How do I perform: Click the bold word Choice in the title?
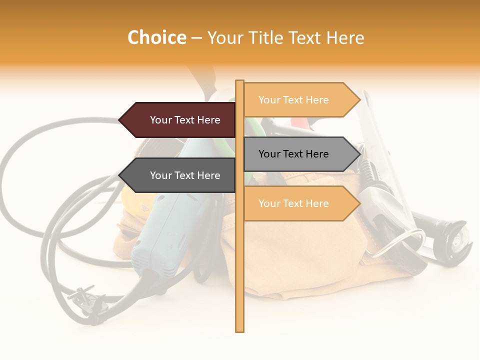tap(156, 37)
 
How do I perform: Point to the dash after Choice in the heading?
tap(196, 38)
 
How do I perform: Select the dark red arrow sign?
tap(180, 120)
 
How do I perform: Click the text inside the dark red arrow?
tap(185, 120)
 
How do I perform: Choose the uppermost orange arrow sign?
tap(300, 100)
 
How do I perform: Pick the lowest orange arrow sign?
tap(300, 203)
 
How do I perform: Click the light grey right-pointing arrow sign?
tap(300, 154)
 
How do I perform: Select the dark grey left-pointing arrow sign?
tap(180, 175)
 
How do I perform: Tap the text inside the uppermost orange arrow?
tap(293, 100)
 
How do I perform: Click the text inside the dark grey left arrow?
tap(185, 175)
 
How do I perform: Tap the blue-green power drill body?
tap(165, 230)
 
